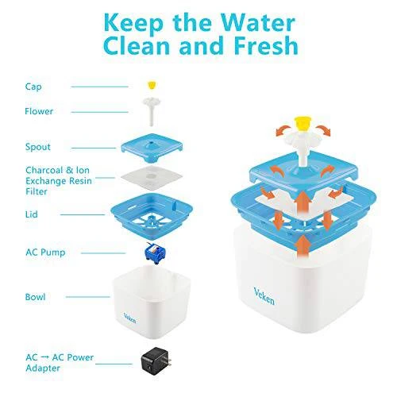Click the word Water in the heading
pyautogui.click(x=258, y=22)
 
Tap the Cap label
pyautogui.click(x=33, y=87)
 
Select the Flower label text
pyautogui.click(x=39, y=111)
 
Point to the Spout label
pyautogui.click(x=38, y=147)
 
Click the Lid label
pyautogui.click(x=32, y=214)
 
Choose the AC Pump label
pyautogui.click(x=45, y=252)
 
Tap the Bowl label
pyautogui.click(x=35, y=297)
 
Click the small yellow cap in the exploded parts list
pyautogui.click(x=152, y=85)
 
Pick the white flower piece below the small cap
pyautogui.click(x=151, y=110)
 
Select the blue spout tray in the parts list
pyautogui.click(x=152, y=148)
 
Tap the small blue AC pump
pyautogui.click(x=155, y=253)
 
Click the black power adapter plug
pyautogui.click(x=156, y=361)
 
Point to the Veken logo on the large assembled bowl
pyautogui.click(x=264, y=296)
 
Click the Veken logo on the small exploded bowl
pyautogui.click(x=129, y=318)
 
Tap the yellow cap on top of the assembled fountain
pyautogui.click(x=303, y=124)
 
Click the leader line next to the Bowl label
pyautogui.click(x=87, y=297)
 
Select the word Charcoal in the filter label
pyautogui.click(x=44, y=170)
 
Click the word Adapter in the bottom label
pyautogui.click(x=43, y=368)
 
